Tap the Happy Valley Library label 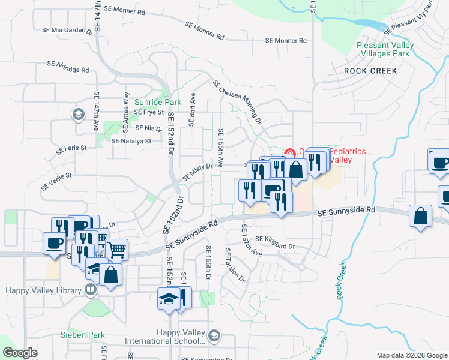(43, 291)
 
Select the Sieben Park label (83, 335)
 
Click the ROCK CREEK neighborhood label (370, 71)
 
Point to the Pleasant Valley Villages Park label (383, 49)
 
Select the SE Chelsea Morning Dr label (237, 102)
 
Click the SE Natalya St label (131, 142)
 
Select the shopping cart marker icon (117, 248)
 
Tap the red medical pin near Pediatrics (289, 152)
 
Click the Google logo (20, 353)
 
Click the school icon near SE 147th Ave (78, 113)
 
